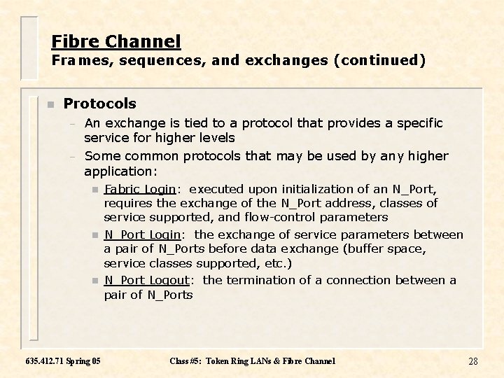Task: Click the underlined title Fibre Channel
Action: tap(116, 41)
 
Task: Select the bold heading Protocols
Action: tap(99, 104)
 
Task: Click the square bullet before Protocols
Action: tap(49, 104)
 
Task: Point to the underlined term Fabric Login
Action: tap(139, 189)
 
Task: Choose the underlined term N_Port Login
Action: tap(142, 234)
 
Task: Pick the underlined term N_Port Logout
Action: tap(146, 280)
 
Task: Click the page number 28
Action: tap(472, 361)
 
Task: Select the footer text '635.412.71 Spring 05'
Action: tap(62, 361)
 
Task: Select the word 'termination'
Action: tap(263, 280)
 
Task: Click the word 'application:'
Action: tap(118, 171)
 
